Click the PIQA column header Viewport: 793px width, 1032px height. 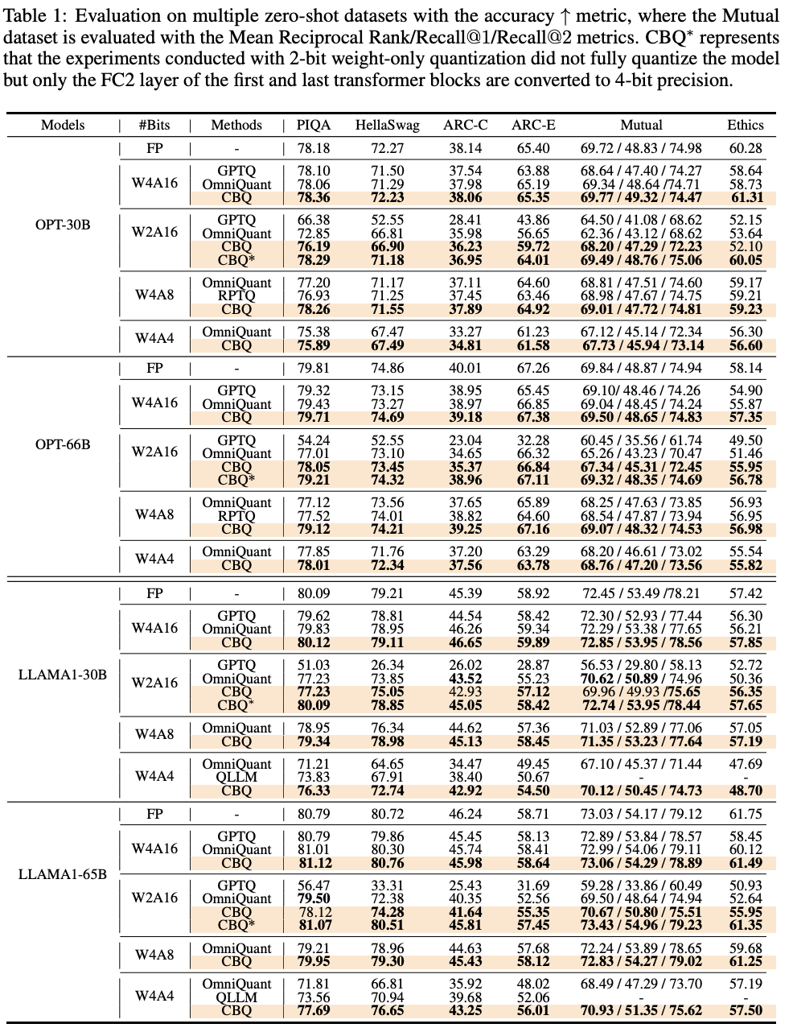[x=314, y=125]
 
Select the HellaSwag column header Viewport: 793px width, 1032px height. [x=387, y=125]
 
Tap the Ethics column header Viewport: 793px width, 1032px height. [x=745, y=125]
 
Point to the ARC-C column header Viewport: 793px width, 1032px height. [x=465, y=125]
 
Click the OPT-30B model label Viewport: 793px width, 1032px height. [x=63, y=225]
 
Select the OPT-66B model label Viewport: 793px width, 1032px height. [x=63, y=444]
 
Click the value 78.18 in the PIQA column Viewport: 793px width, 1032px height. [x=314, y=148]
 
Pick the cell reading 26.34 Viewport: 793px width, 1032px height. [x=387, y=665]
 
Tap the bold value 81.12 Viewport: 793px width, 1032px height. [x=314, y=863]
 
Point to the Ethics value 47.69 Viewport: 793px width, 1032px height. [x=745, y=764]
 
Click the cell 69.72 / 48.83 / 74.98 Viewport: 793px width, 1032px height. [x=641, y=148]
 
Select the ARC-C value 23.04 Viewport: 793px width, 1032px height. [x=465, y=440]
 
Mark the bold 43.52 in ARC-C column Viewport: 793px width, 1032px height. [x=465, y=679]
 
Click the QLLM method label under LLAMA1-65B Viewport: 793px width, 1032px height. [x=236, y=997]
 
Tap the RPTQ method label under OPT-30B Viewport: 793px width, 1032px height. [x=236, y=295]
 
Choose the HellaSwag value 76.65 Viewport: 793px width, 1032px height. [x=387, y=1010]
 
